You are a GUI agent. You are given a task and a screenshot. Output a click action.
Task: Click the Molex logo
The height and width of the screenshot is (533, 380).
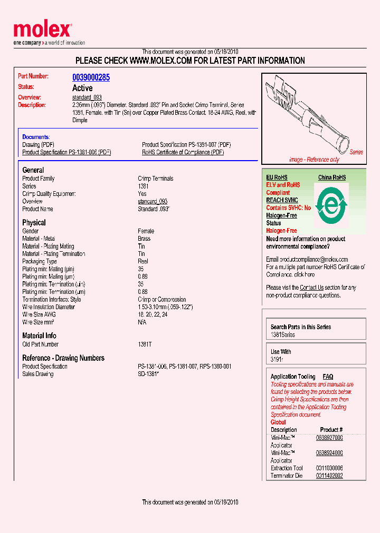42,31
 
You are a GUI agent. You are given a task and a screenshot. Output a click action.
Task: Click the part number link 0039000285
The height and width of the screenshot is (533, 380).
91,77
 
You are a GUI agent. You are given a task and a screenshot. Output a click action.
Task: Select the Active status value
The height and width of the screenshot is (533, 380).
82,88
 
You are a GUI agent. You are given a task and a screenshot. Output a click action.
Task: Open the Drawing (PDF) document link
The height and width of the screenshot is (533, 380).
38,145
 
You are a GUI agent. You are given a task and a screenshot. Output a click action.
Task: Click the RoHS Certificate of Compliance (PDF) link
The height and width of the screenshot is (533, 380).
183,152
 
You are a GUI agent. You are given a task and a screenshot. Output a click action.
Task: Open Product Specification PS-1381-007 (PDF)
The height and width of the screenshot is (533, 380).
186,145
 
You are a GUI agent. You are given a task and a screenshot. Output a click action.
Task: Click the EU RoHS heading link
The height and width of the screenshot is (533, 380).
277,177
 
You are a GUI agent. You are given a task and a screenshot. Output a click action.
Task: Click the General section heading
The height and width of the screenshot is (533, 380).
33,170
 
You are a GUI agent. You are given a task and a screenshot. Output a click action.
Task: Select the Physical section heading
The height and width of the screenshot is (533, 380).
34,223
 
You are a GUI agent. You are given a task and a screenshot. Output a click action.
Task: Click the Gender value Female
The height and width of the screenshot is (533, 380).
146,231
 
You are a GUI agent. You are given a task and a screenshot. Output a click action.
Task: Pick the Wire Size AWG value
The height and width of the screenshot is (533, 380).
149,314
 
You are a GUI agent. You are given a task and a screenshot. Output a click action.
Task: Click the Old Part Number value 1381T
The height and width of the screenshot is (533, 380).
145,344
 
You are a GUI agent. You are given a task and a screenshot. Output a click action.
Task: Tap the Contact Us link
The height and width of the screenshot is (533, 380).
311,288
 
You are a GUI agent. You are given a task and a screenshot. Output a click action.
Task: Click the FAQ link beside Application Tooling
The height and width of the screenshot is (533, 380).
328,377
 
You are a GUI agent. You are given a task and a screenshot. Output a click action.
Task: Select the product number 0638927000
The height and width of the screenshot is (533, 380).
329,438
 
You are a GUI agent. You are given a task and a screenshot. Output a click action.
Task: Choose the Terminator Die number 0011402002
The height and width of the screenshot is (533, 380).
329,476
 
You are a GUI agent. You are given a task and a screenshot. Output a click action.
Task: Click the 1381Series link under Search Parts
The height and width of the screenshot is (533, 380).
283,335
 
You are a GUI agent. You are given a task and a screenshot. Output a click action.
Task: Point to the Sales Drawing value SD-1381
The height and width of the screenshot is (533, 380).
148,374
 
